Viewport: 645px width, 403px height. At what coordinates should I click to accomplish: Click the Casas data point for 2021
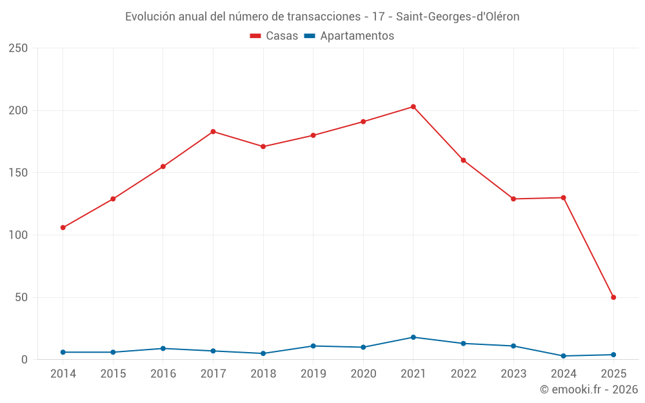(x=413, y=106)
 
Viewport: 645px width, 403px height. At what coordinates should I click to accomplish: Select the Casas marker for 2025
(x=613, y=297)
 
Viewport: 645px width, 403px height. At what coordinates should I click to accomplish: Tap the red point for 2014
(x=63, y=228)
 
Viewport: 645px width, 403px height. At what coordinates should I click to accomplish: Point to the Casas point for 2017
(x=213, y=132)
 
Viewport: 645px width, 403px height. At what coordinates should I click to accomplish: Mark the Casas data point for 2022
(x=463, y=160)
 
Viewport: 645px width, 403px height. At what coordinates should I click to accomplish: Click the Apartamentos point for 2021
(x=413, y=337)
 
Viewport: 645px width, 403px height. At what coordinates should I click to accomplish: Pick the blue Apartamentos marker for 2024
(x=564, y=356)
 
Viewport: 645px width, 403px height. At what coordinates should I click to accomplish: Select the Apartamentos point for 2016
(x=163, y=348)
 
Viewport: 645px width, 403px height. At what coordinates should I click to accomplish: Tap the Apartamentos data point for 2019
(x=313, y=346)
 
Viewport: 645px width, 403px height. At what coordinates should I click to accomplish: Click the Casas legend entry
(x=274, y=36)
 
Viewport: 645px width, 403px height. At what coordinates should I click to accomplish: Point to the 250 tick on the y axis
(x=19, y=48)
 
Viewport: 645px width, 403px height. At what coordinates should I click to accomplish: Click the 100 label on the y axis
(x=19, y=235)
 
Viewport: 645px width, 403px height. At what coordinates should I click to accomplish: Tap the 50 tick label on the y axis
(x=22, y=297)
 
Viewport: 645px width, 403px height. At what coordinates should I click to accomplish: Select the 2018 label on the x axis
(x=263, y=374)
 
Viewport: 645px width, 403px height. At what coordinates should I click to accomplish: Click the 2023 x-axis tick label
(x=513, y=374)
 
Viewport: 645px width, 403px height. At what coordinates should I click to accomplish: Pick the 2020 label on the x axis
(x=363, y=374)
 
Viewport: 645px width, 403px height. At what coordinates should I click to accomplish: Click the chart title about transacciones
(x=322, y=17)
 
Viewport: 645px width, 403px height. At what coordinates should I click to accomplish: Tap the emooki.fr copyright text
(x=589, y=389)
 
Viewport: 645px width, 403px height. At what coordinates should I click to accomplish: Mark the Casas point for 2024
(x=563, y=197)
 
